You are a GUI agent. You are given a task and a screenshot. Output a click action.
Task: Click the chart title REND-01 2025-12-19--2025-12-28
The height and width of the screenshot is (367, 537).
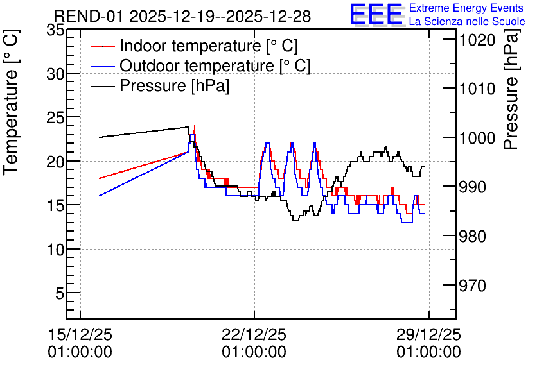pyautogui.click(x=182, y=16)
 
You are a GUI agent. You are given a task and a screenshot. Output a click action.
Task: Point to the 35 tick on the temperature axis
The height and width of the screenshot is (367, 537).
pyautogui.click(x=55, y=30)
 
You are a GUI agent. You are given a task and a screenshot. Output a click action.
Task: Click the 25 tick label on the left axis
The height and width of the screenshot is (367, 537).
pyautogui.click(x=55, y=118)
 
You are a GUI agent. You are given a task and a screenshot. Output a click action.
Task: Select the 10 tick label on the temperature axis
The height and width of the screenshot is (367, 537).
pyautogui.click(x=55, y=250)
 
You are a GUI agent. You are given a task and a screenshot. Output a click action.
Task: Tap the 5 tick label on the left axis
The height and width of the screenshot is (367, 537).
pyautogui.click(x=60, y=293)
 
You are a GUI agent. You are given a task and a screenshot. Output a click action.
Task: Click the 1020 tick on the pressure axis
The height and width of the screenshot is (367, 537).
pyautogui.click(x=473, y=40)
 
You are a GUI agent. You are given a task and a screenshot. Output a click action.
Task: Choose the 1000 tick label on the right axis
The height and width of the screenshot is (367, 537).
pyautogui.click(x=473, y=138)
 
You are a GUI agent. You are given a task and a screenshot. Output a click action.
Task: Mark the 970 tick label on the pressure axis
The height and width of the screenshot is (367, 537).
pyautogui.click(x=473, y=286)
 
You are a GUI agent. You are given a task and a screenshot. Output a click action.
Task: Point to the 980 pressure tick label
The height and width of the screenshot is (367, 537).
pyautogui.click(x=473, y=236)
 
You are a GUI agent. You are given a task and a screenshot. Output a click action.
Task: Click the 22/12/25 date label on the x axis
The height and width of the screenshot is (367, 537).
pyautogui.click(x=254, y=334)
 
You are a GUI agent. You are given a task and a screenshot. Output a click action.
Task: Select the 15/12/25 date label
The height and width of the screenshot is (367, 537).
pyautogui.click(x=80, y=334)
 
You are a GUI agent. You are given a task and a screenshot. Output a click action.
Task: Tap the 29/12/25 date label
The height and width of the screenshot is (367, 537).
pyautogui.click(x=429, y=334)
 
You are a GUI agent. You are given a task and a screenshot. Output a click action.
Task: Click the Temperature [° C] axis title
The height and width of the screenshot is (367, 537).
pyautogui.click(x=11, y=102)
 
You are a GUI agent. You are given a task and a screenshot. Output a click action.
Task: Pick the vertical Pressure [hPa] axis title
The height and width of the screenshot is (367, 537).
pyautogui.click(x=511, y=89)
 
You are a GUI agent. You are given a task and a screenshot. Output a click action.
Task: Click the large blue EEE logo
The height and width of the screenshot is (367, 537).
pyautogui.click(x=376, y=14)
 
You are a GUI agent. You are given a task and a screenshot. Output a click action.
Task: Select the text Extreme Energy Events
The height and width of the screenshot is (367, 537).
pyautogui.click(x=466, y=8)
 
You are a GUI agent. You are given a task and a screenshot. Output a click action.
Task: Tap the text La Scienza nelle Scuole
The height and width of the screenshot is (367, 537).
pyautogui.click(x=467, y=22)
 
